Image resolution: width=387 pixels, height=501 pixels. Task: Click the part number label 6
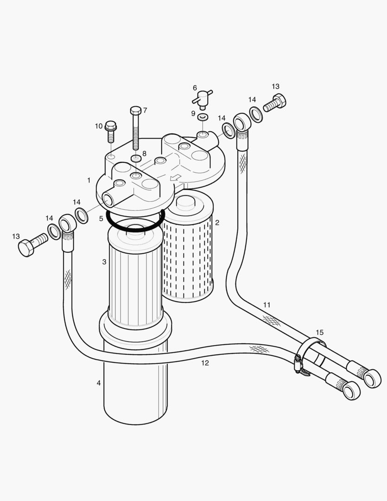[195, 88]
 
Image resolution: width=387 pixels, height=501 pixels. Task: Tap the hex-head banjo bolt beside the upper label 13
[275, 103]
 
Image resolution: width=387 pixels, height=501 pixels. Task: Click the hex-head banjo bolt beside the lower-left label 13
[32, 244]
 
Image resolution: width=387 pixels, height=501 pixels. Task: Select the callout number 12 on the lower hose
[205, 363]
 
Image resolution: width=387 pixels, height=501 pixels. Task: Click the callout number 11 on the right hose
[266, 305]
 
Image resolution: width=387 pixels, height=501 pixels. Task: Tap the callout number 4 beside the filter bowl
[98, 383]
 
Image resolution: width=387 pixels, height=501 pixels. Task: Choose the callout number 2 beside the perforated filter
[217, 223]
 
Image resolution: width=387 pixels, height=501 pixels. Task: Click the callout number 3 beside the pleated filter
[104, 262]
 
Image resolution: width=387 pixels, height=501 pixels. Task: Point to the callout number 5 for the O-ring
[101, 218]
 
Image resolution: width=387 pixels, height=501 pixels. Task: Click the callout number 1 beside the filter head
[89, 180]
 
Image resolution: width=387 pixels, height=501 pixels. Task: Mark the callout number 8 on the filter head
[144, 154]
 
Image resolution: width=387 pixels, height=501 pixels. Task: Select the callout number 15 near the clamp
[320, 332]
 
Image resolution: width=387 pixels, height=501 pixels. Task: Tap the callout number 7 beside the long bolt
[145, 110]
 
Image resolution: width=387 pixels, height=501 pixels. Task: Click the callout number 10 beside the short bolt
[99, 126]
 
